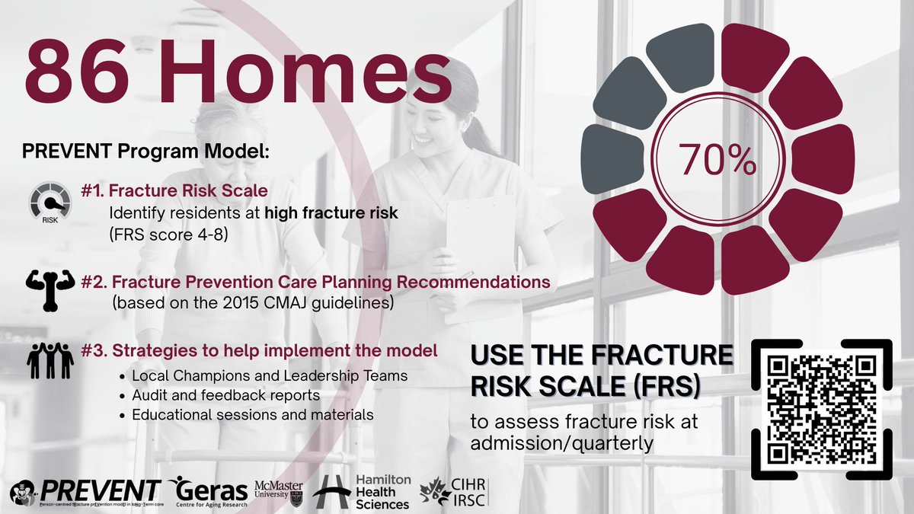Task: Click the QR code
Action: click(x=822, y=408)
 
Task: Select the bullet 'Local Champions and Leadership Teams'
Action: click(x=269, y=376)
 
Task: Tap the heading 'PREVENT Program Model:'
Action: click(x=146, y=151)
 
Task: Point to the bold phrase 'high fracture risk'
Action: click(x=331, y=214)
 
